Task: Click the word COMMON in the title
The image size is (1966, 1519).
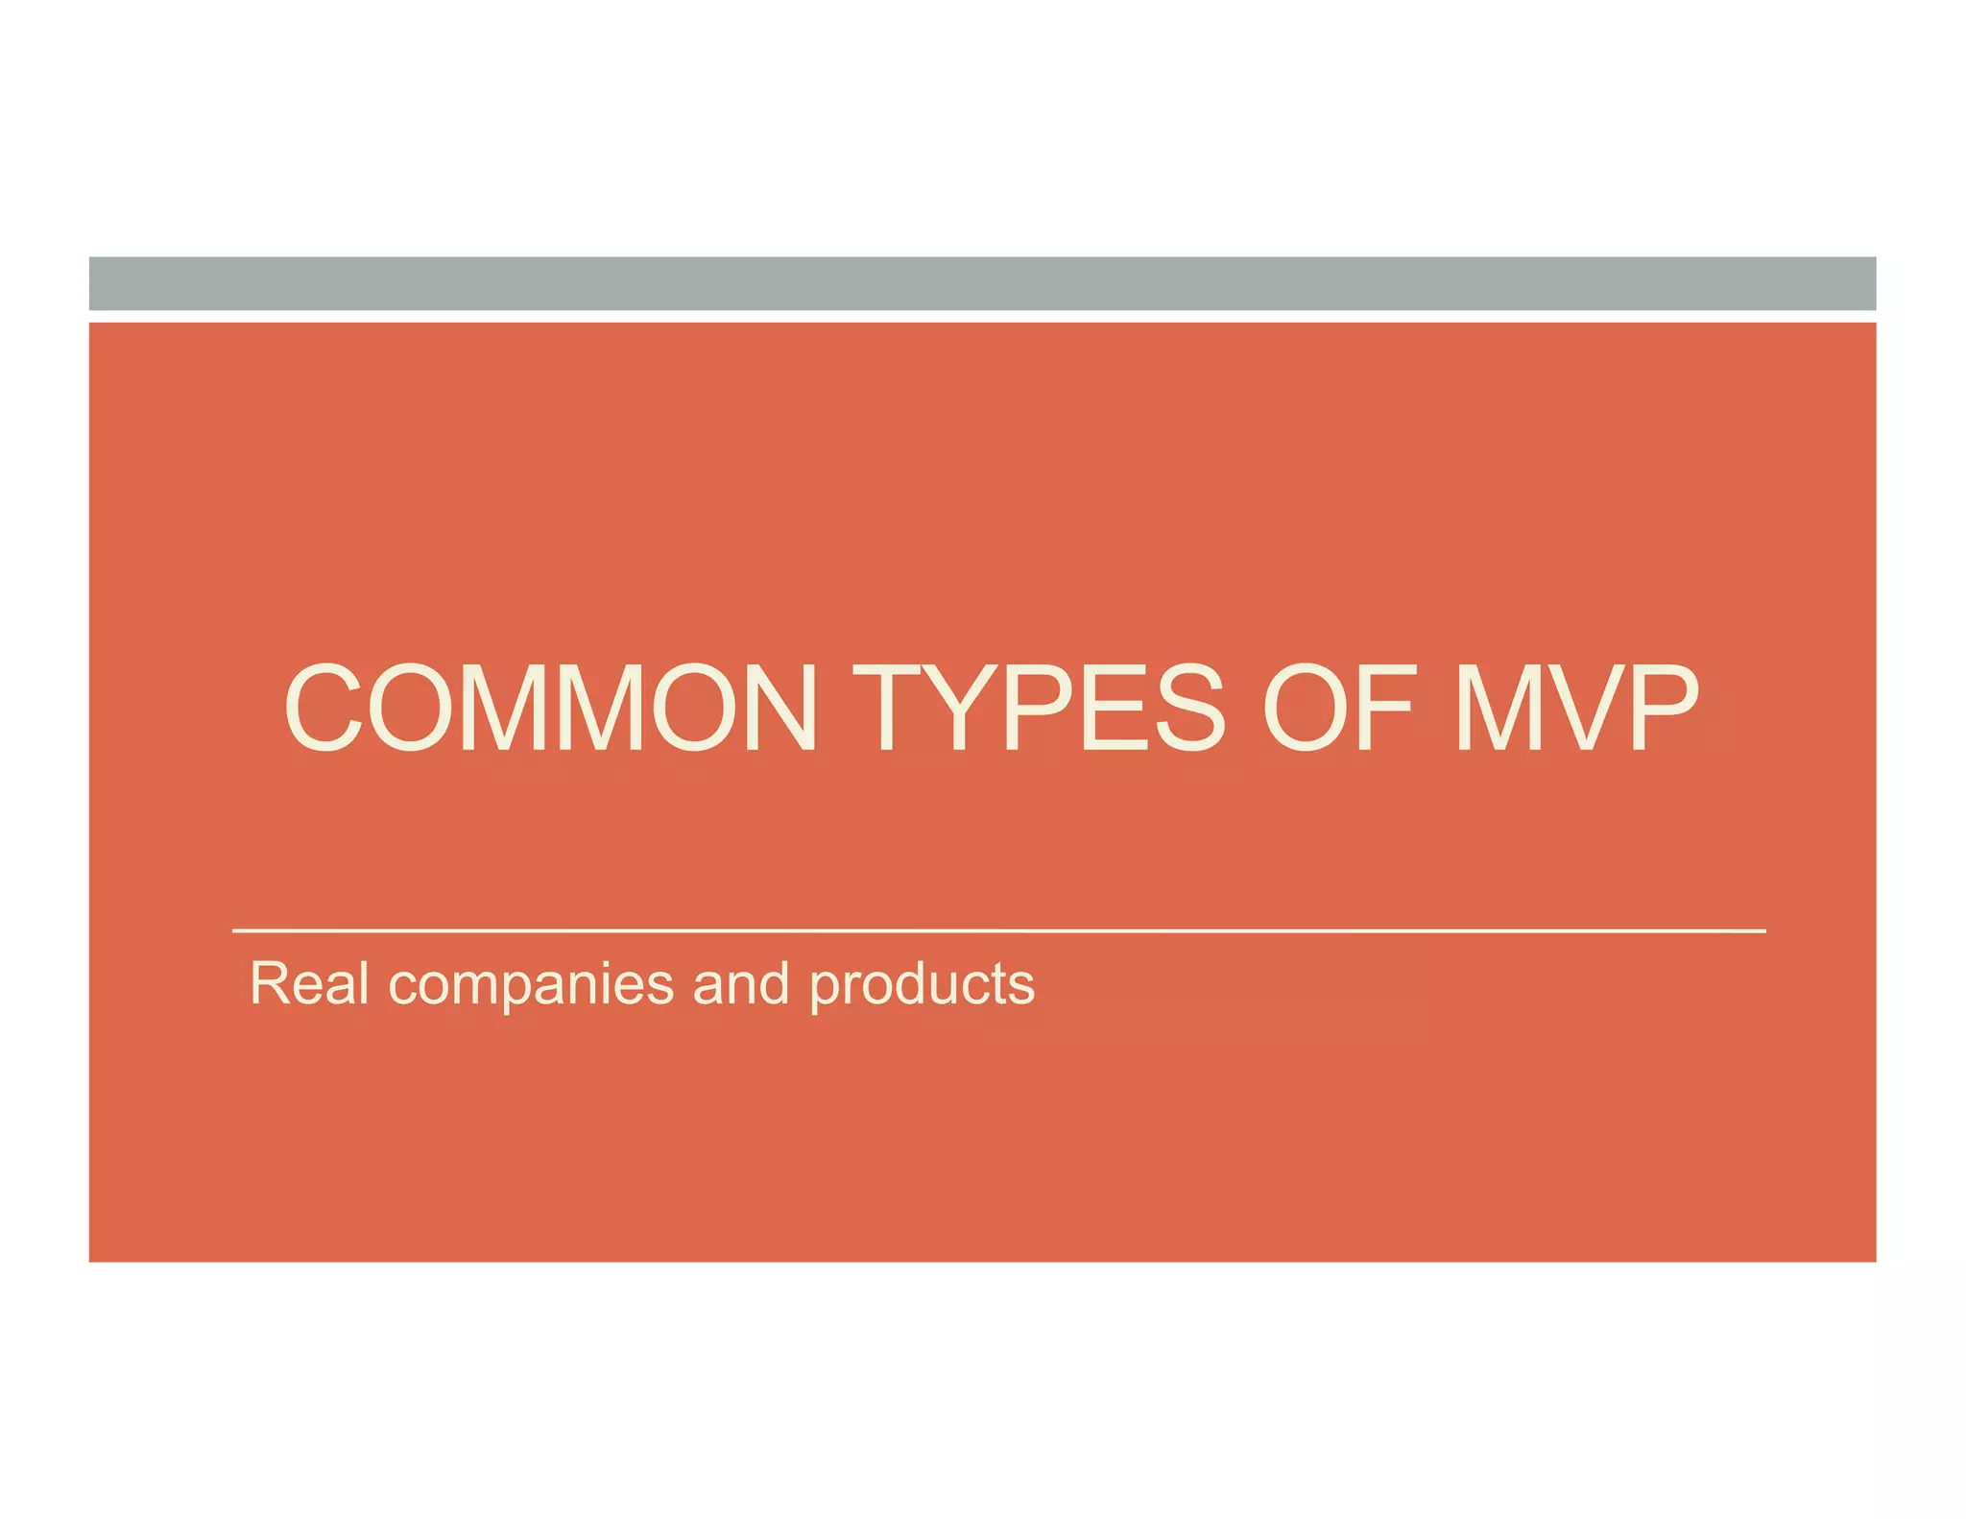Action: tap(550, 707)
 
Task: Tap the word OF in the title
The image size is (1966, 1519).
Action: tap(1338, 707)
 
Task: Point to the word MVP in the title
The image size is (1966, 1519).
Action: tap(1577, 707)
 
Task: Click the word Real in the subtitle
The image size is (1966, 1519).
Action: tap(309, 983)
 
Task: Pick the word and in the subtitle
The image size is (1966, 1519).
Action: tap(740, 983)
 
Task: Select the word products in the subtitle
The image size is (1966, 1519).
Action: tap(922, 985)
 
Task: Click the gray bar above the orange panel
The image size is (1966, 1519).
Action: tap(982, 283)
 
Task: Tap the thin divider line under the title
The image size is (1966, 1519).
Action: tap(998, 930)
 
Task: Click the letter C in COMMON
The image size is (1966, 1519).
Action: tap(324, 707)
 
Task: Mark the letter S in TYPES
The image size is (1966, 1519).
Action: tap(1190, 707)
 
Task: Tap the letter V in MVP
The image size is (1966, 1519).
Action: tap(1584, 707)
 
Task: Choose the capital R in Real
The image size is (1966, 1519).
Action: tap(268, 983)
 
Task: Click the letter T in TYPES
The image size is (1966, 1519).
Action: tap(886, 707)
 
